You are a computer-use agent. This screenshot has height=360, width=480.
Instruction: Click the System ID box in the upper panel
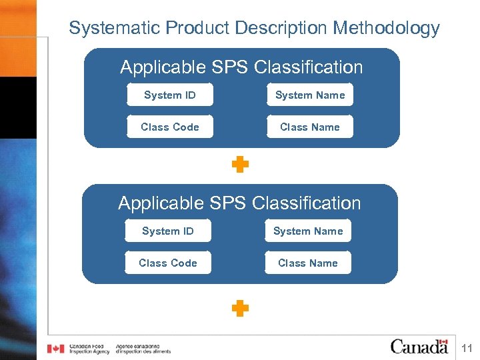click(170, 95)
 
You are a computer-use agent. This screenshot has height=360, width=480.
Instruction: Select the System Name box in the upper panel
click(310, 95)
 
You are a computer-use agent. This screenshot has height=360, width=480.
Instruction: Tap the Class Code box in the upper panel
click(170, 127)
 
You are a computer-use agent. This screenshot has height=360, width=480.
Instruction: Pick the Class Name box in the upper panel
click(310, 127)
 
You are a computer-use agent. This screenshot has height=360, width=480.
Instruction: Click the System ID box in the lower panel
click(168, 231)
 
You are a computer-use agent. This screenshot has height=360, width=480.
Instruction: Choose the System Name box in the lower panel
click(308, 231)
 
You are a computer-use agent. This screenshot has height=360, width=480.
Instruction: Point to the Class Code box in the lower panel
click(168, 263)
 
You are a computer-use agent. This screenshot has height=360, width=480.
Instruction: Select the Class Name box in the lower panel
click(308, 263)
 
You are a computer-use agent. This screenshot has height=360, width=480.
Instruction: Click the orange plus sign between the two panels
click(240, 165)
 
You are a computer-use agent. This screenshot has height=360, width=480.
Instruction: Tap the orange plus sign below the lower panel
click(240, 308)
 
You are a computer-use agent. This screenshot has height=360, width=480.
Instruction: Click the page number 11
click(467, 348)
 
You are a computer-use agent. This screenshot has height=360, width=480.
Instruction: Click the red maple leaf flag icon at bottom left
click(55, 349)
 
